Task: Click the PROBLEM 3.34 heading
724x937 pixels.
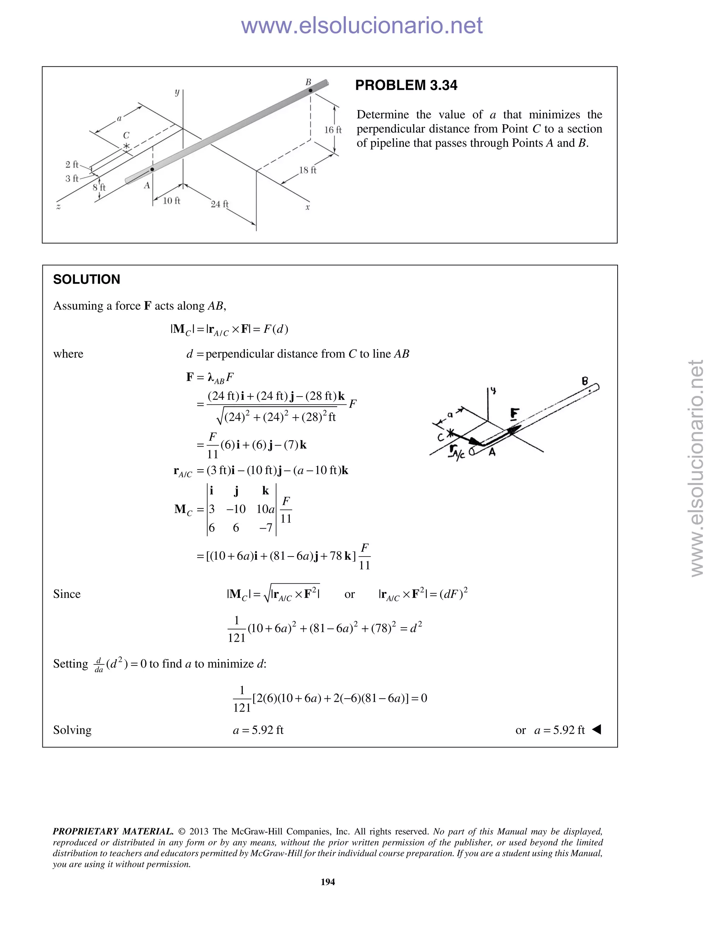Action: tap(406, 85)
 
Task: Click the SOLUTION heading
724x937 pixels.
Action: tap(87, 279)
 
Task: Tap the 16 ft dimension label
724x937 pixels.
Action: tap(333, 129)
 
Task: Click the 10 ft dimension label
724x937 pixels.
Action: tap(171, 200)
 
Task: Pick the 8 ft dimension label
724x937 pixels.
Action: tap(99, 187)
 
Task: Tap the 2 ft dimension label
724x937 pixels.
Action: tap(72, 164)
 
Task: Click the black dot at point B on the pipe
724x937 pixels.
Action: tap(310, 91)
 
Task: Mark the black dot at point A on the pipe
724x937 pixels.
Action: tap(152, 169)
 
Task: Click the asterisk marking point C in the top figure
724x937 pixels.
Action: tap(126, 146)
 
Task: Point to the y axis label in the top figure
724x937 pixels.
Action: tap(177, 92)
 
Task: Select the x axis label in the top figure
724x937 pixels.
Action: tap(308, 207)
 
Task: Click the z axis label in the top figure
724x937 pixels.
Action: tap(58, 207)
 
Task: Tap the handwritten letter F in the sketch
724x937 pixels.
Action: tap(515, 414)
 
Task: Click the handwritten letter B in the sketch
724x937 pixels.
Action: tap(585, 380)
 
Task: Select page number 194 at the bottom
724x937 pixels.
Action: tap(328, 881)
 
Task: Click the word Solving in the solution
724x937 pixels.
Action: tap(72, 730)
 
